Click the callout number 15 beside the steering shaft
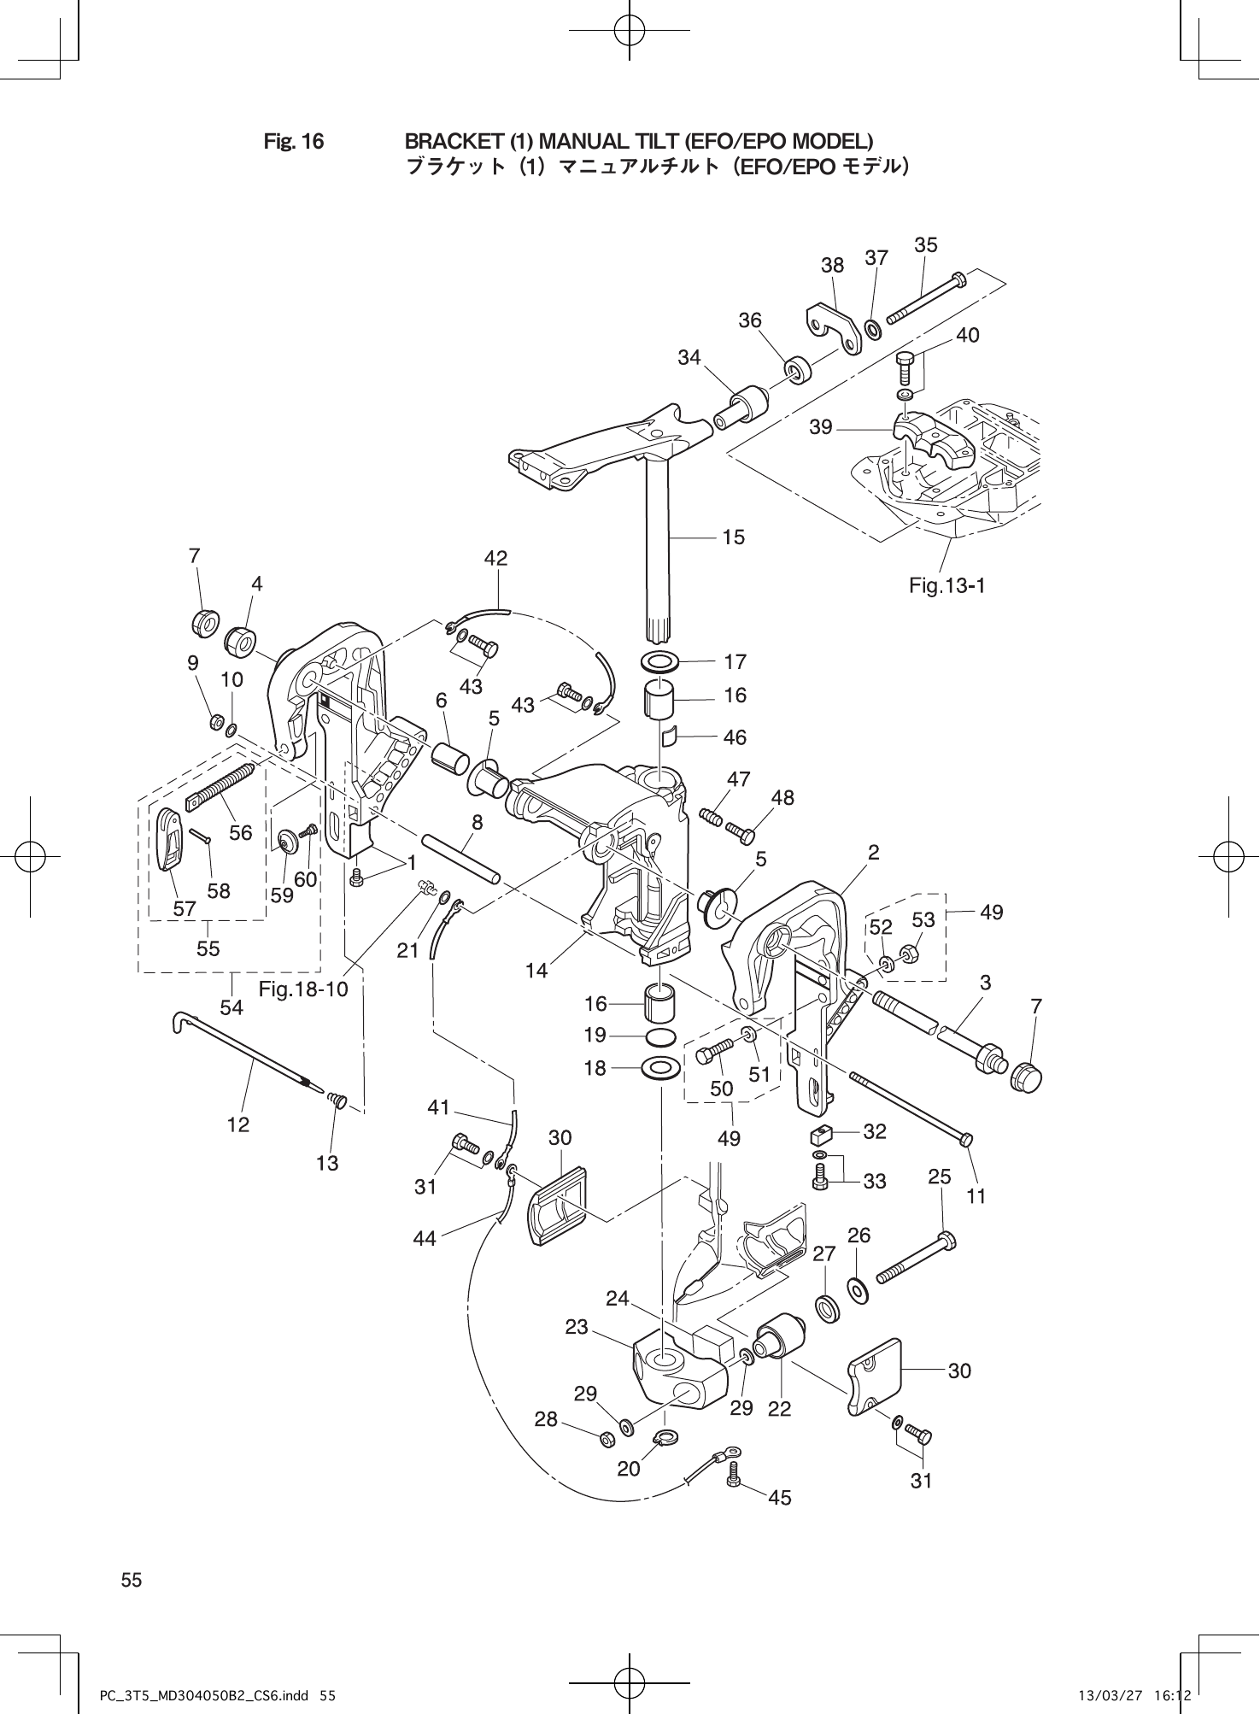tap(733, 537)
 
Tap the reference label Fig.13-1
tap(946, 586)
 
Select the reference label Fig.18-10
tap(303, 989)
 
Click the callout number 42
tap(495, 559)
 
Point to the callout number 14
tap(536, 971)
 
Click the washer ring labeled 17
tap(659, 661)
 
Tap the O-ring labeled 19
tap(659, 1036)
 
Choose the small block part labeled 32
tap(820, 1136)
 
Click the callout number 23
tap(577, 1327)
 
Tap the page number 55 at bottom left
tap(132, 1580)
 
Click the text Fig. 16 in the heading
tap(294, 141)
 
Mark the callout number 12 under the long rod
tap(238, 1124)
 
